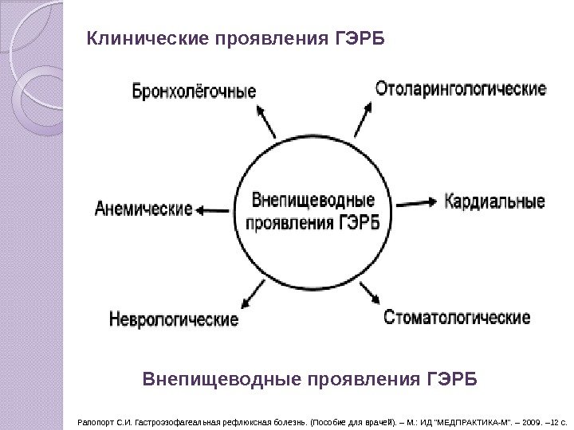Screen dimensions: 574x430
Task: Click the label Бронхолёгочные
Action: [x=195, y=91]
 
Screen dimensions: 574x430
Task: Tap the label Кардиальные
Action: [x=494, y=200]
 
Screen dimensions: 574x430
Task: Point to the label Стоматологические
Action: [x=457, y=318]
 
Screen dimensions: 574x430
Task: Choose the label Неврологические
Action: [x=173, y=320]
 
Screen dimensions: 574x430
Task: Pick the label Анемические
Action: [x=144, y=210]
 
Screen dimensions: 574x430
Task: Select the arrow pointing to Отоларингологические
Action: [x=361, y=122]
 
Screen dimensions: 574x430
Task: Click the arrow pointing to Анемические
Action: [x=214, y=210]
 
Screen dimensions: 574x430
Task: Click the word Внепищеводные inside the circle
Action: [x=313, y=197]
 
